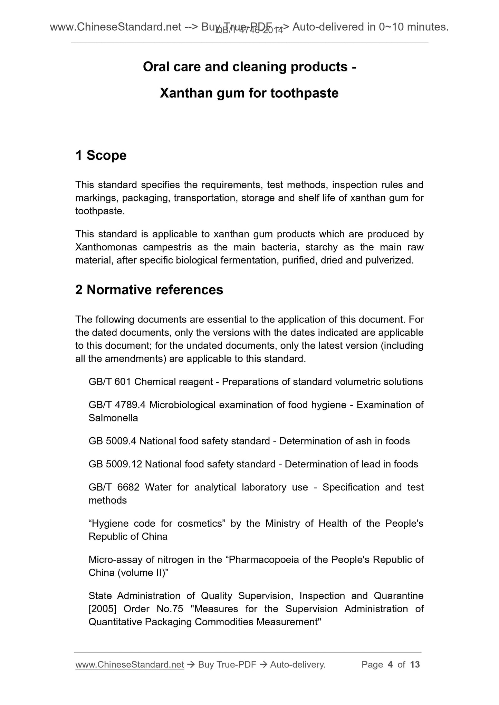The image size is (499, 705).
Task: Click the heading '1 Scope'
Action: (101, 156)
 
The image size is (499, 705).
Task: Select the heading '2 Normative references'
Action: (149, 290)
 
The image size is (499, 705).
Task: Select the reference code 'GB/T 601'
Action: (109, 382)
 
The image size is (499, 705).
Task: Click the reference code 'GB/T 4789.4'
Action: (117, 405)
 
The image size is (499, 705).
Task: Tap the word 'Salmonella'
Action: (113, 418)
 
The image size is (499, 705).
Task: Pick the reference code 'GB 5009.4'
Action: (113, 441)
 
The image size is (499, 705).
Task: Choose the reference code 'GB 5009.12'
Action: (115, 464)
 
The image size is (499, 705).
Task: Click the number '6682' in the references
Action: (128, 487)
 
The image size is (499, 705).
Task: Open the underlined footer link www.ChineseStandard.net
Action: (129, 665)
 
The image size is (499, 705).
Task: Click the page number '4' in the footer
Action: (390, 665)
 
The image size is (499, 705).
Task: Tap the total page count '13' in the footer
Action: (415, 665)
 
